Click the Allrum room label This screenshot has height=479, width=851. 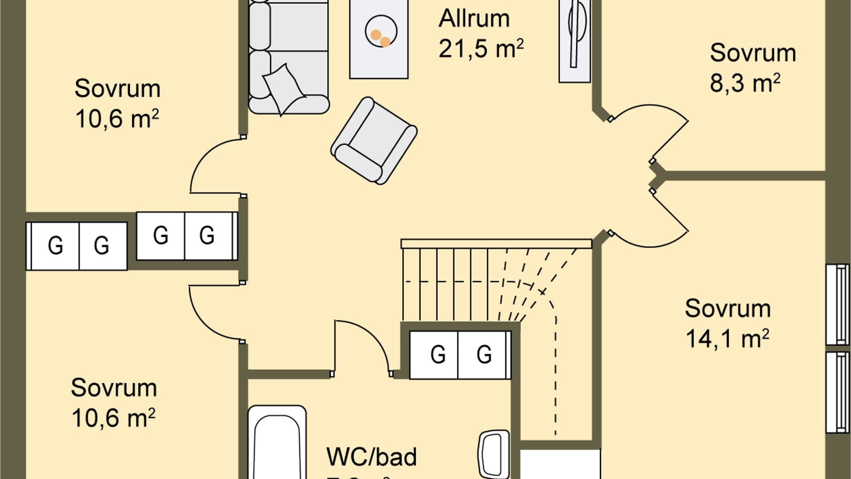474,19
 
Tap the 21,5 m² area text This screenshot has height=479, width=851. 480,48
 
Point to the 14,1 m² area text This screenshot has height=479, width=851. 727,339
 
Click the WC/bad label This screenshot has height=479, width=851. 371,457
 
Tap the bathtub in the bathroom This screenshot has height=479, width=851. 277,444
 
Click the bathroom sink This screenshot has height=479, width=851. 494,454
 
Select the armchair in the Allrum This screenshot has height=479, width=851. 374,141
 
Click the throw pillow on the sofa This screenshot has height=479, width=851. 284,89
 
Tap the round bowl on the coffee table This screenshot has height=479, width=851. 381,31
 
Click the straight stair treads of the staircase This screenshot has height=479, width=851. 443,284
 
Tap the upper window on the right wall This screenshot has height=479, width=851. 838,304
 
